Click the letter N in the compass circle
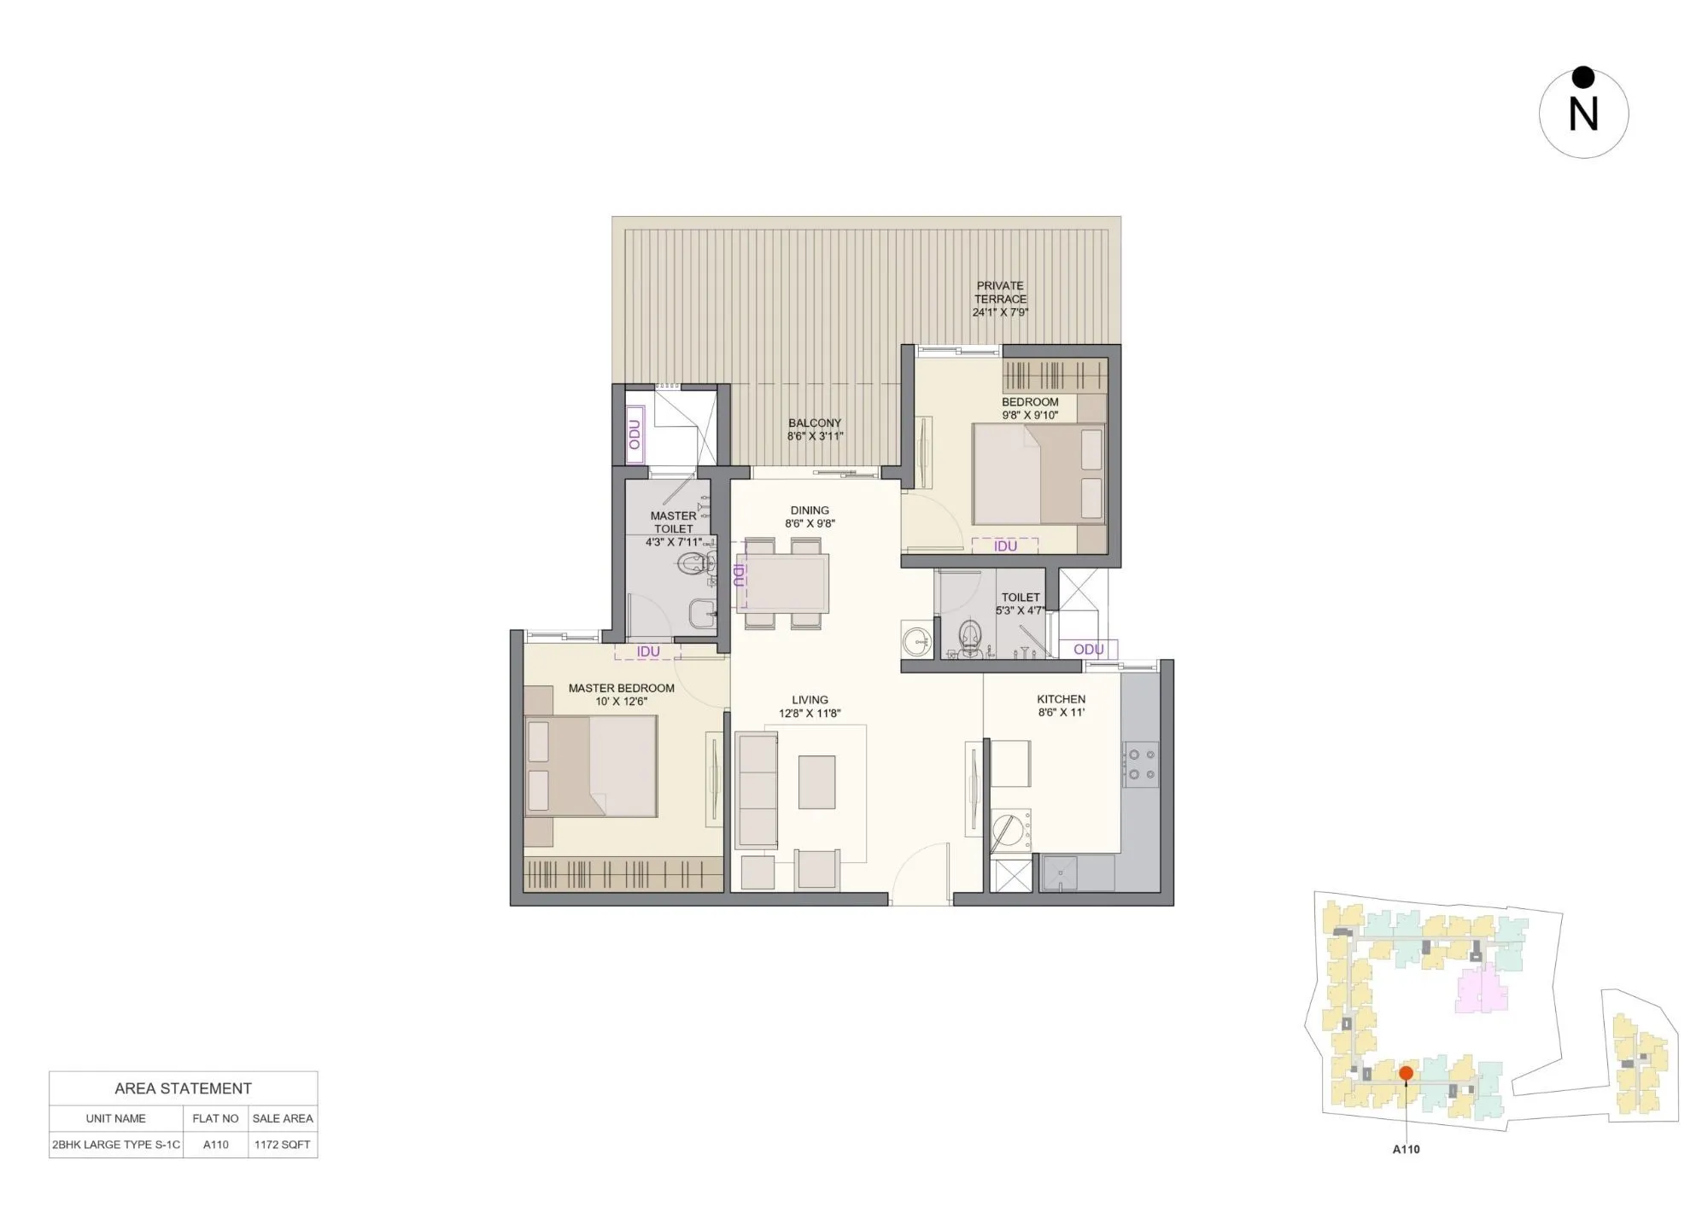point(1583,114)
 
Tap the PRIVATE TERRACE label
point(1000,298)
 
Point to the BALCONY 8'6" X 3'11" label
point(815,429)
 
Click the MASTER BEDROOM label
point(621,694)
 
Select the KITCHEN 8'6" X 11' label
point(1062,705)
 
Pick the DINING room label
point(810,516)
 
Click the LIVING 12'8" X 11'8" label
point(810,706)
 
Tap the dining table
point(783,583)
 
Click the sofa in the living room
point(757,789)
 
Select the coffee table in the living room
point(816,782)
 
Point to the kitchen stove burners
point(1142,764)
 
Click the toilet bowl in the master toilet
point(695,563)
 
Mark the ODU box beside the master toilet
point(635,435)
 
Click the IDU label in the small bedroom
point(1005,546)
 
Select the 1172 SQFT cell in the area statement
point(283,1145)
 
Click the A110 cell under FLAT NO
point(216,1145)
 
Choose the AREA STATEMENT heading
point(183,1088)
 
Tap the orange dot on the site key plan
point(1406,1073)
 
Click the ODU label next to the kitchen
point(1088,650)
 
